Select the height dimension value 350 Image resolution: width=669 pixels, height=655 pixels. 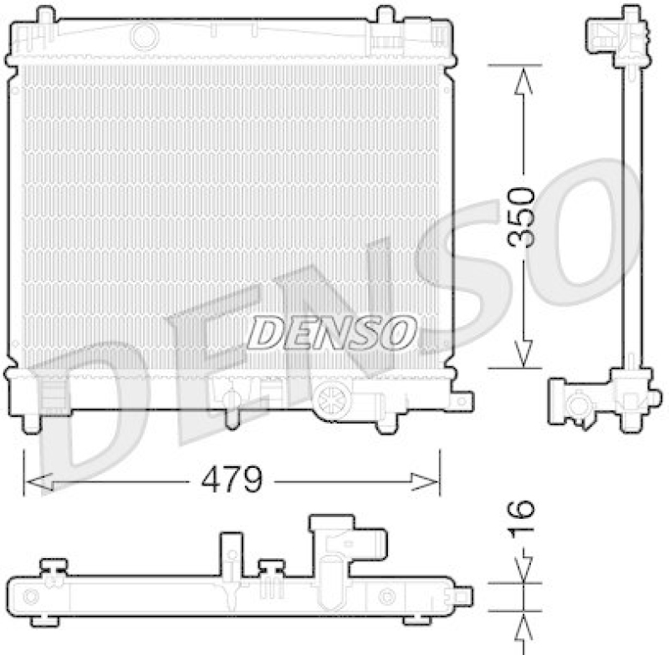pyautogui.click(x=523, y=216)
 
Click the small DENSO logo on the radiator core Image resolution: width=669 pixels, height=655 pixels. pyautogui.click(x=332, y=333)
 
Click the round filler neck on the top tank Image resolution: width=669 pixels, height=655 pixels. pyautogui.click(x=145, y=35)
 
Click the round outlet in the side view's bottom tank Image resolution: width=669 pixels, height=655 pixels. pyautogui.click(x=576, y=407)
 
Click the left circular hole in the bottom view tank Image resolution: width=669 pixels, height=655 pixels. pyautogui.click(x=32, y=597)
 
